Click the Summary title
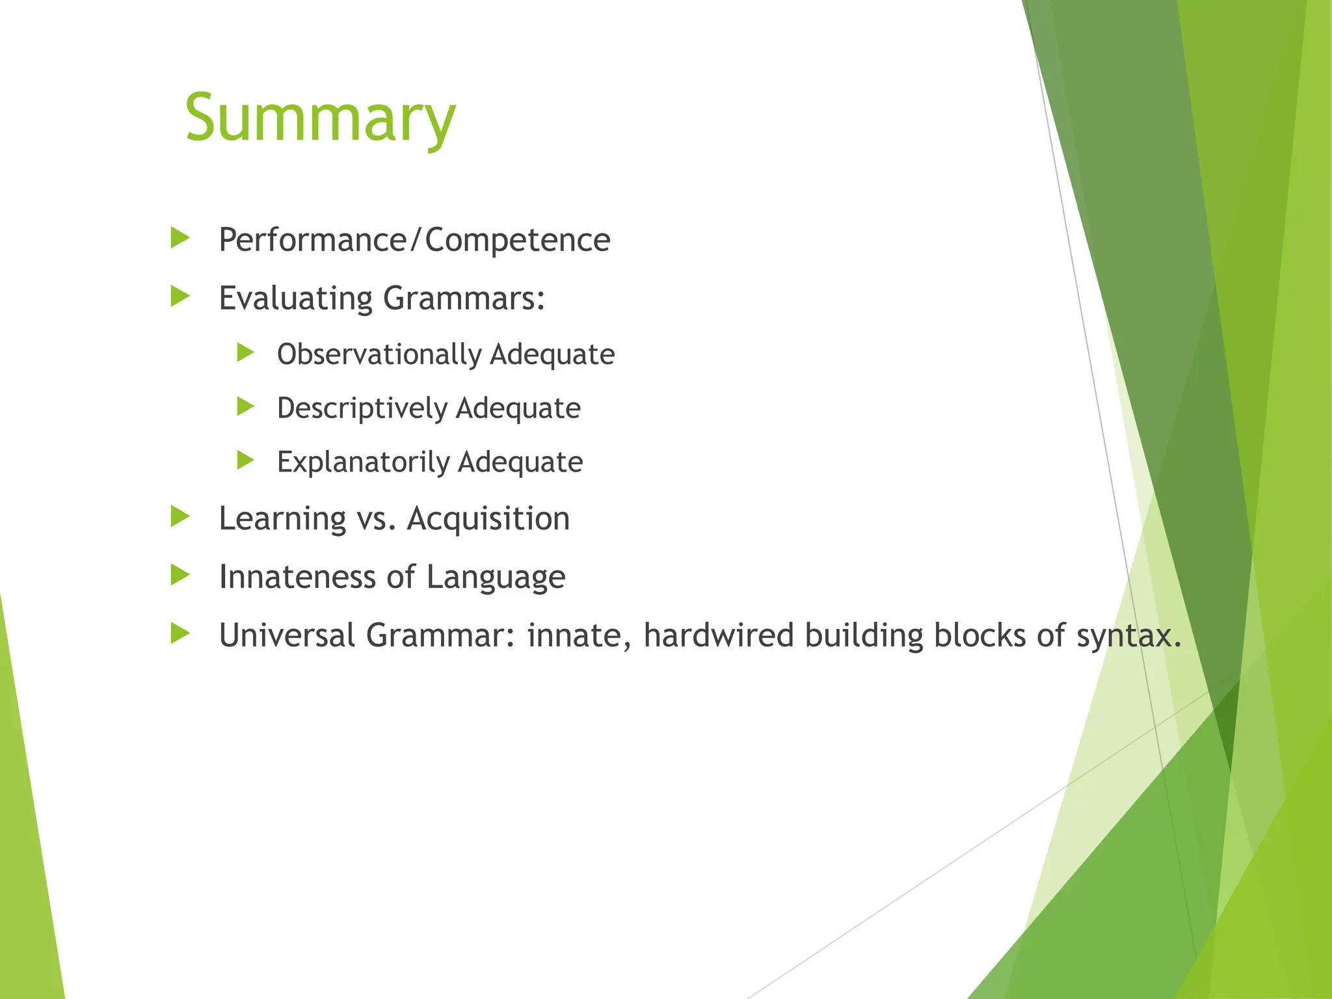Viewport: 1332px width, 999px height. coord(320,118)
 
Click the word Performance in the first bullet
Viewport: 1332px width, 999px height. coord(313,240)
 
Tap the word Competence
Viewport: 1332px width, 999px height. coord(518,240)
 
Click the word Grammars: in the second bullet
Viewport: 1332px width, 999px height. coord(464,299)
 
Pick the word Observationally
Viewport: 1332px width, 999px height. coord(379,355)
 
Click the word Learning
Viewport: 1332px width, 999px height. coord(282,520)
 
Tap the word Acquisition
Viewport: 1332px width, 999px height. coord(488,519)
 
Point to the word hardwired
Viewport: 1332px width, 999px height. coord(719,635)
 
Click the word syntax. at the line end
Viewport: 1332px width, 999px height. coord(1128,635)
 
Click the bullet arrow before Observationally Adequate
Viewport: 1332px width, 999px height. coord(245,353)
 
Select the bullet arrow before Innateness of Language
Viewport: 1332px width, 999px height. coord(180,574)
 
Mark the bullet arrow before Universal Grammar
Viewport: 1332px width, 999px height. coord(180,633)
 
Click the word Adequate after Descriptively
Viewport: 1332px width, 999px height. coord(518,408)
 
